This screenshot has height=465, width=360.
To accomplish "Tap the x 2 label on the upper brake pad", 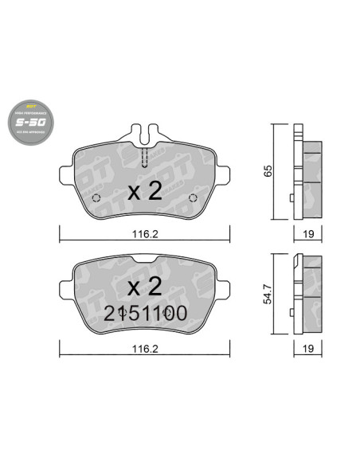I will pyautogui.click(x=145, y=191).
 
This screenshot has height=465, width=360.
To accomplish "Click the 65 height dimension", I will pyautogui.click(x=265, y=172).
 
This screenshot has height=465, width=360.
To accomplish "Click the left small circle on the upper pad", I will pyautogui.click(x=96, y=198).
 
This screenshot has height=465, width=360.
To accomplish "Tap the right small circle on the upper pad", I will pyautogui.click(x=193, y=198).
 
